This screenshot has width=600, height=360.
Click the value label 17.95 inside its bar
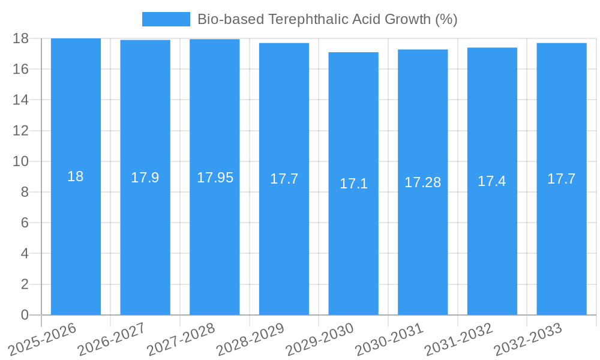[x=215, y=178]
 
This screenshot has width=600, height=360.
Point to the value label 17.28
[x=422, y=182]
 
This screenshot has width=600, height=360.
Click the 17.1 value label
[x=353, y=184]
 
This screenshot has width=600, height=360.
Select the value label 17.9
[x=145, y=178]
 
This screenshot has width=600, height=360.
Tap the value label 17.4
[x=492, y=181]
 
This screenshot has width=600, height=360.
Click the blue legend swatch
[x=166, y=19]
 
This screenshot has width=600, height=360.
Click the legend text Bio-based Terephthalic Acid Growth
[x=327, y=19]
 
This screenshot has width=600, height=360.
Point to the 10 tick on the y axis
[x=21, y=161]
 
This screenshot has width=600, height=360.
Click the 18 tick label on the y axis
[x=21, y=38]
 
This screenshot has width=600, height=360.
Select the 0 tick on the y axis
[x=25, y=315]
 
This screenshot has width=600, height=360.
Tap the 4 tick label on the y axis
[x=25, y=253]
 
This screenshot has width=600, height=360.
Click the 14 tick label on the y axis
[x=21, y=100]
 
